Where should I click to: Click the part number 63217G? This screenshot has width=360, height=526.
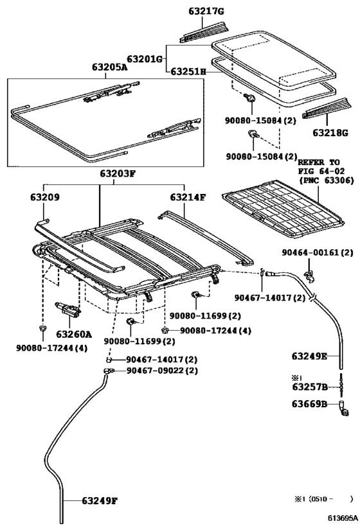pyautogui.click(x=206, y=11)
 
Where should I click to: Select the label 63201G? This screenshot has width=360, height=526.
pyautogui.click(x=145, y=59)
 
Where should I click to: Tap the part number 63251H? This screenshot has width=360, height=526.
pyautogui.click(x=188, y=71)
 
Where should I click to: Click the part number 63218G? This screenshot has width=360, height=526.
pyautogui.click(x=330, y=133)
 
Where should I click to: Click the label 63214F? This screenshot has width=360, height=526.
pyautogui.click(x=187, y=197)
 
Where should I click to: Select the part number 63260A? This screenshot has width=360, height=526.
pyautogui.click(x=74, y=334)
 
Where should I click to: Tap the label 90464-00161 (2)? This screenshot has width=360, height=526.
pyautogui.click(x=318, y=252)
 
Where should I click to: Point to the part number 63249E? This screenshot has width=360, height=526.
pyautogui.click(x=309, y=356)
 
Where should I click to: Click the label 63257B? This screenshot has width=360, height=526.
pyautogui.click(x=310, y=387)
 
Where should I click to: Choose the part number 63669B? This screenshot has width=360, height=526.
pyautogui.click(x=309, y=404)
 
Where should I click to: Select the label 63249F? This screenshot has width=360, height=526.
pyautogui.click(x=100, y=501)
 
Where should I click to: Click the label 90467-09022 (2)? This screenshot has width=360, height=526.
pyautogui.click(x=162, y=371)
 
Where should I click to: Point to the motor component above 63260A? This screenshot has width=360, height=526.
pyautogui.click(x=68, y=309)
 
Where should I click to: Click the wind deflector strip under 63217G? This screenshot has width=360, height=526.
pyautogui.click(x=204, y=33)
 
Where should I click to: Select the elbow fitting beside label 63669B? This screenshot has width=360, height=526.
pyautogui.click(x=343, y=409)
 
